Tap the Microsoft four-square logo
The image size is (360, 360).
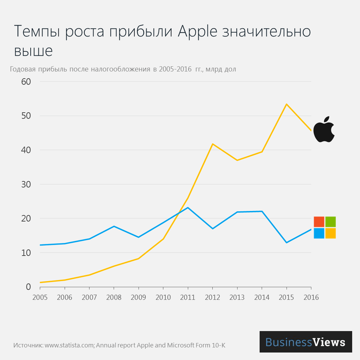tap(325, 228)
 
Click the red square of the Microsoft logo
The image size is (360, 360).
tap(319, 222)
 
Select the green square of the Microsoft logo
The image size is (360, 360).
tap(330, 222)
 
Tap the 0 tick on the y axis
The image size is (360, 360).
tap(28, 287)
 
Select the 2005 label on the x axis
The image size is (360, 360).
tap(40, 298)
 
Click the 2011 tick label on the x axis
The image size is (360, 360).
tap(188, 298)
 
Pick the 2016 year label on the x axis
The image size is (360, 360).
tap(311, 298)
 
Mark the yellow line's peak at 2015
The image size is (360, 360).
tap(286, 104)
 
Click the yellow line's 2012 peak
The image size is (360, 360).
tap(212, 144)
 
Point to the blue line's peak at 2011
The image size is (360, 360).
tap(188, 208)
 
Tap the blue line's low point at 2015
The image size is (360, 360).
tap(286, 243)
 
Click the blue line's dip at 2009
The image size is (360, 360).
tap(139, 237)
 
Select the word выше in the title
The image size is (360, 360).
tap(33, 51)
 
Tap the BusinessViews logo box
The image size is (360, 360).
tap(306, 342)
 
